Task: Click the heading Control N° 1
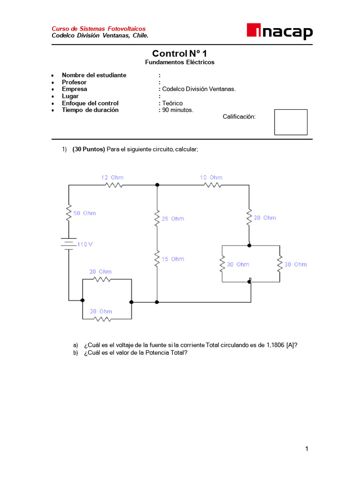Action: pyautogui.click(x=180, y=54)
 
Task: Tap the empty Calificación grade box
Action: pyautogui.click(x=291, y=122)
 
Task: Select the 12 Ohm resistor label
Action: pyautogui.click(x=112, y=177)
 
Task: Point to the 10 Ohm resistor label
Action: pyautogui.click(x=211, y=177)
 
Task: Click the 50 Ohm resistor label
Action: pyautogui.click(x=84, y=213)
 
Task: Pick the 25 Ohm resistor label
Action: pyautogui.click(x=173, y=219)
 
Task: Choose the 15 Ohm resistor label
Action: pyautogui.click(x=173, y=259)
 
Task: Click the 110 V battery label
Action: pyautogui.click(x=85, y=244)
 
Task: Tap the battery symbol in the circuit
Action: pyautogui.click(x=68, y=244)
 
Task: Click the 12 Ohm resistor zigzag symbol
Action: pyautogui.click(x=113, y=185)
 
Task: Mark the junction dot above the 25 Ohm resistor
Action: pyautogui.click(x=157, y=185)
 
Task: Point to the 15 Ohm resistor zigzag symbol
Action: pyautogui.click(x=157, y=259)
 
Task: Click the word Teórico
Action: pyautogui.click(x=172, y=103)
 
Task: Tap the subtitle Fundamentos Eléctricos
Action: pyautogui.click(x=180, y=62)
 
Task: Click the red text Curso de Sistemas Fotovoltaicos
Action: pyautogui.click(x=98, y=29)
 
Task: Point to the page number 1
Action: pyautogui.click(x=307, y=449)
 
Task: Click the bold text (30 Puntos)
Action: pyautogui.click(x=89, y=150)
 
